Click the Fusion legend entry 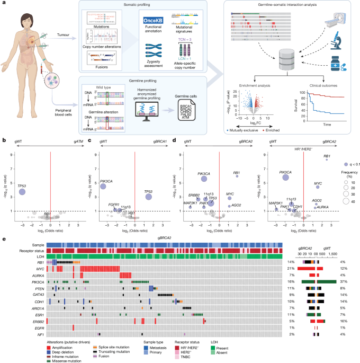click(x=108, y=356)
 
